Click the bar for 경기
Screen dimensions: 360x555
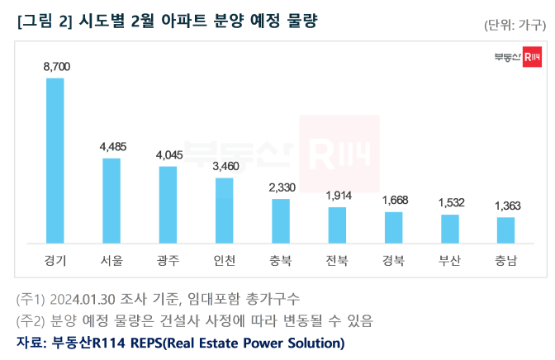[x=55, y=161]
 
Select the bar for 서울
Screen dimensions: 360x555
[x=111, y=201]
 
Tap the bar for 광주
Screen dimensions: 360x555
[x=168, y=205]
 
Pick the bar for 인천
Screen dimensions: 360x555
[x=225, y=211]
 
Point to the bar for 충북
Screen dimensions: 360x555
[x=281, y=221]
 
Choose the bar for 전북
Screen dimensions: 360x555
[x=337, y=225]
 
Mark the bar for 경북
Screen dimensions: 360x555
[x=393, y=227]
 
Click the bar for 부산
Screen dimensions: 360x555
[x=449, y=229]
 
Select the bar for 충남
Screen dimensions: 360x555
[x=505, y=230]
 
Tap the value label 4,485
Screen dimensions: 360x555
[x=111, y=146]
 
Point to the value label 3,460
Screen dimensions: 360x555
[x=225, y=166]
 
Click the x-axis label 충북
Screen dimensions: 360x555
[x=281, y=261]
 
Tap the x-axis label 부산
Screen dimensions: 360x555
[x=449, y=261]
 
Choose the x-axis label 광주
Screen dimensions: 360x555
[x=168, y=261]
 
